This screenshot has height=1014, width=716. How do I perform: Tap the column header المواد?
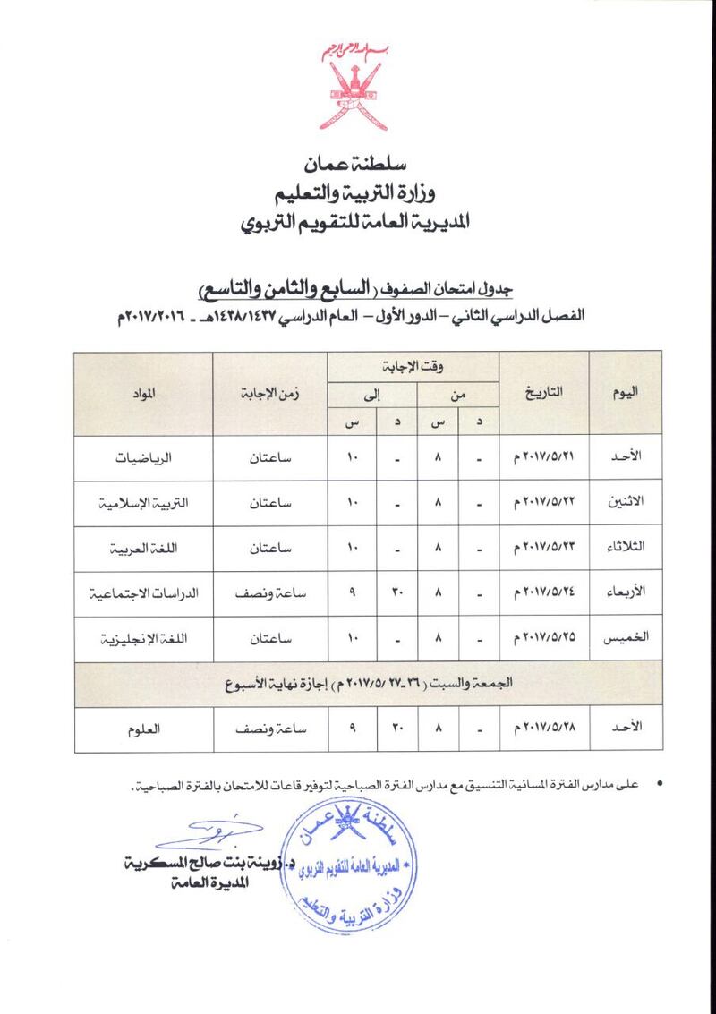[142, 394]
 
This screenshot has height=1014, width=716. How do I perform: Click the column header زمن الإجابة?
[269, 394]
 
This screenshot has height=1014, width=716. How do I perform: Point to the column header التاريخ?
[543, 394]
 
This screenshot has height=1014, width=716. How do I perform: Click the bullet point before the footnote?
[660, 785]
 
